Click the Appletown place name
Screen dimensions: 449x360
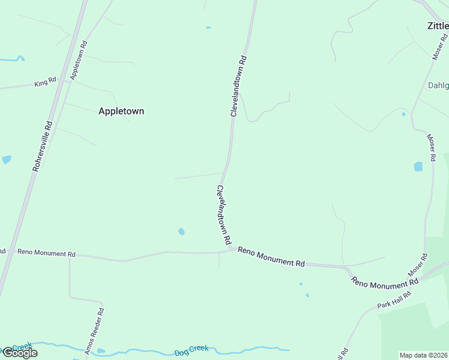(121, 111)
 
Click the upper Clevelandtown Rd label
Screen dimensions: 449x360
(238, 87)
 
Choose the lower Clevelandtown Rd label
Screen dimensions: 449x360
(223, 214)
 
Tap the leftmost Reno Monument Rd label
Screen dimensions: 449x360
(46, 253)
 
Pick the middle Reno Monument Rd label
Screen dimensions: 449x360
(271, 257)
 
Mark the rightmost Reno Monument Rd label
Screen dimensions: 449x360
(385, 283)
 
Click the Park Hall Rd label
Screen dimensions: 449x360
(394, 300)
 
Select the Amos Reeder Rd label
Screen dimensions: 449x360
(95, 331)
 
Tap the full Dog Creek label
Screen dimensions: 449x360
(191, 350)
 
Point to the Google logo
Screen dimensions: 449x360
(19, 353)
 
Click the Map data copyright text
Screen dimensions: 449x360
(424, 355)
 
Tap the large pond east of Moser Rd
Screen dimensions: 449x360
(418, 167)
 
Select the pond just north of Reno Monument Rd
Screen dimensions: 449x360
(181, 231)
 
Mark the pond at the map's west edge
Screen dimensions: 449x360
(6, 160)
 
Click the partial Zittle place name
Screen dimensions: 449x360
(438, 26)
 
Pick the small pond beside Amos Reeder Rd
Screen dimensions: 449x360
(100, 350)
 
